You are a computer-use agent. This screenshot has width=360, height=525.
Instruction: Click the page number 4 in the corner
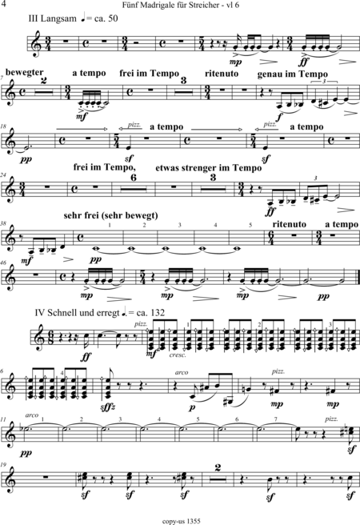[4, 4]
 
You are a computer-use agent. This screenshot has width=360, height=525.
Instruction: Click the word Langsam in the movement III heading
[58, 18]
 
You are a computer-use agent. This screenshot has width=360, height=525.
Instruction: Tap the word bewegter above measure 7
[25, 72]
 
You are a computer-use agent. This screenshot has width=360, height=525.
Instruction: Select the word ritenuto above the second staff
[222, 74]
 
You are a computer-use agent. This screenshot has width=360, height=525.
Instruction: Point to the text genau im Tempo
[293, 74]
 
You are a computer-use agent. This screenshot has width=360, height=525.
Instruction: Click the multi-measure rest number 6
[134, 178]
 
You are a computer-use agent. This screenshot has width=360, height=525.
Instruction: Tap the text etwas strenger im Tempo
[209, 168]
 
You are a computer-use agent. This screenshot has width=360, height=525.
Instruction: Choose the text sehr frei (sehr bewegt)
[110, 215]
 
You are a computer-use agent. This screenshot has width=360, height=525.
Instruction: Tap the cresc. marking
[178, 355]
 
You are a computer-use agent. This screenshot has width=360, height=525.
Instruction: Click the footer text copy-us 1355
[181, 521]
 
